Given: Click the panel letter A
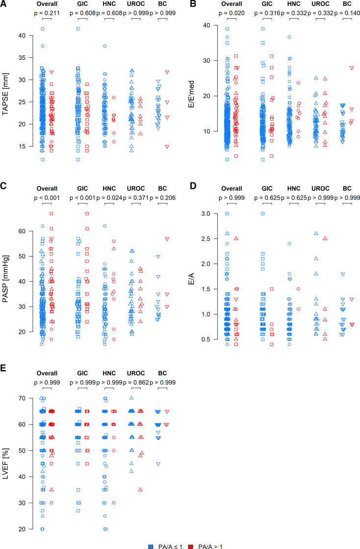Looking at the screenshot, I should point(4,5).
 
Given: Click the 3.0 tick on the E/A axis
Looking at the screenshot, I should point(209,213).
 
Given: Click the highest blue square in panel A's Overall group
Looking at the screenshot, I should point(43,29).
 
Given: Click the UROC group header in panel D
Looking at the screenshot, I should point(321,188).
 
